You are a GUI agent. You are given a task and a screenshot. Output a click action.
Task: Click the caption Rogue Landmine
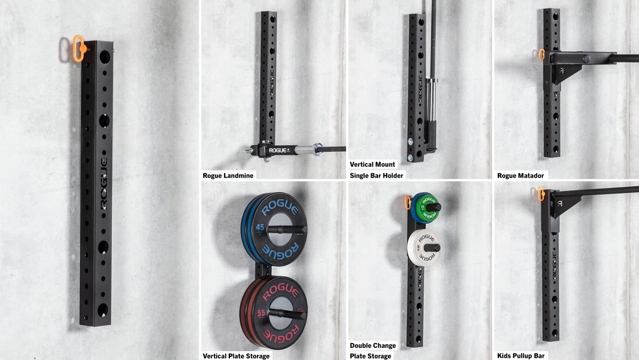point(228,175)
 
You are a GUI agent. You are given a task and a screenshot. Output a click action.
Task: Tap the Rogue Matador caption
point(520,175)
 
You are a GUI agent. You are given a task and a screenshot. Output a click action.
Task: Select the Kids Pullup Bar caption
point(520,356)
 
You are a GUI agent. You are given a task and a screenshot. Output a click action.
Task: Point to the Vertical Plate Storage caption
point(236,356)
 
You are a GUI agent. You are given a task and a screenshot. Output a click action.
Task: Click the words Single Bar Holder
point(376,175)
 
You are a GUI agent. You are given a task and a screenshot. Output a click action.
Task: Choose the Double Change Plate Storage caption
point(372,351)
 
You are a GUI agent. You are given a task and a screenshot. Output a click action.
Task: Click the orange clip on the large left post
point(78,48)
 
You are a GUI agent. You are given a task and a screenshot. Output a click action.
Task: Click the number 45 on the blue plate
point(260,227)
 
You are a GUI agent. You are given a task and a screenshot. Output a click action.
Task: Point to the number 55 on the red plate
point(261,312)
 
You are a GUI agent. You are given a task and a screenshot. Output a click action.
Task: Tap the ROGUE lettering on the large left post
point(103,184)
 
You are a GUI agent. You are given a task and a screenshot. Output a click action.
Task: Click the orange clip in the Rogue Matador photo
point(541,54)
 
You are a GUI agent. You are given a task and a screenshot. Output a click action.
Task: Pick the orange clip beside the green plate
point(408,202)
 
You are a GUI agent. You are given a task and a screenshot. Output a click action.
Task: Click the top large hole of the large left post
point(104,56)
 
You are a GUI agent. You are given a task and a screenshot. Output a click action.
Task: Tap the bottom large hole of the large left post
point(103,309)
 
